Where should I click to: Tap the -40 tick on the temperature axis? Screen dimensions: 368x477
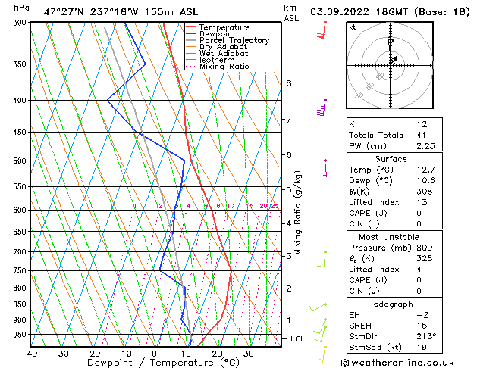click(x=30, y=354)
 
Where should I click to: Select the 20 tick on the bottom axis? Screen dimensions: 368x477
click(x=217, y=354)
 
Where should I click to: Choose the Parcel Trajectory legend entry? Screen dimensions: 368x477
click(x=234, y=41)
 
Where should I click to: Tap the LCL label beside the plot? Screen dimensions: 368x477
click(x=298, y=339)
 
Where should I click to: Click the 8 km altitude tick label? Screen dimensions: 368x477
click(x=289, y=83)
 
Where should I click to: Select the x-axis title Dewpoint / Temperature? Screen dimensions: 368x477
click(x=154, y=363)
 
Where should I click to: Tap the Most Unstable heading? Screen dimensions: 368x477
click(x=391, y=238)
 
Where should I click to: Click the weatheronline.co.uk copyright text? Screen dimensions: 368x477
click(x=408, y=362)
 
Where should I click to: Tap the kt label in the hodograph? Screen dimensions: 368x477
click(x=353, y=27)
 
